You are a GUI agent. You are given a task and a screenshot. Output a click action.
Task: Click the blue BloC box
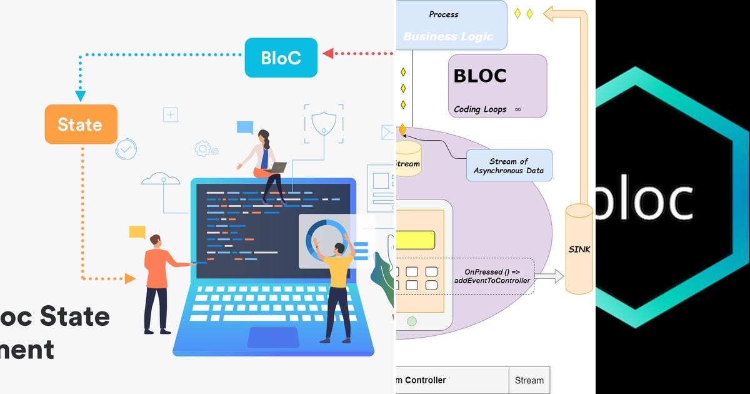click(x=281, y=58)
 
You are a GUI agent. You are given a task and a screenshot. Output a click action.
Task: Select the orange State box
click(x=81, y=124)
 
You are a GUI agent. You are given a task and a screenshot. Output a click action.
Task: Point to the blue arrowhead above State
click(x=81, y=96)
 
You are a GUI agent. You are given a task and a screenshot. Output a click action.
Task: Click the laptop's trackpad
click(x=273, y=337)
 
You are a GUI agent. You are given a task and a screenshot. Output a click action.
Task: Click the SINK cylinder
click(x=579, y=248)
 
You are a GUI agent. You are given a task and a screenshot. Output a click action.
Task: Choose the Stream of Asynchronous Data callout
click(x=509, y=166)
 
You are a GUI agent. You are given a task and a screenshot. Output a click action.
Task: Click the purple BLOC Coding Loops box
click(x=497, y=86)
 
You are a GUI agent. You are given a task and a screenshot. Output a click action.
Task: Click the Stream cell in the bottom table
click(x=529, y=380)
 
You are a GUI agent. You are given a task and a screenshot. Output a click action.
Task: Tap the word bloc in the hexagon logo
click(x=644, y=201)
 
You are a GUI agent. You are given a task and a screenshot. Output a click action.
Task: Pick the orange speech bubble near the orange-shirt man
click(x=137, y=232)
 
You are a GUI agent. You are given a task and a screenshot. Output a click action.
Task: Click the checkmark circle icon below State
click(x=126, y=149)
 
